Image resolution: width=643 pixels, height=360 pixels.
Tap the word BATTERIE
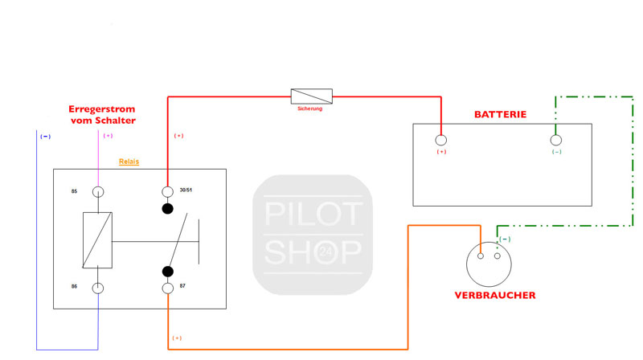[x=500, y=115]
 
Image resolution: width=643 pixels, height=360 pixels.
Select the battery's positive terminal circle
[x=441, y=140]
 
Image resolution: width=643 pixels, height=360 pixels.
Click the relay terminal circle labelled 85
[x=98, y=191]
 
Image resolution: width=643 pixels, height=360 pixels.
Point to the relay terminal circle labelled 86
[x=98, y=288]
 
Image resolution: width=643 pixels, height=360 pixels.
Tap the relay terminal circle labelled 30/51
[x=168, y=191]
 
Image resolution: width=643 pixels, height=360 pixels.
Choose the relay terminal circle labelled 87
[x=168, y=288]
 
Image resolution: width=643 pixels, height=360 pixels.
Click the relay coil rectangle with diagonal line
[x=98, y=240]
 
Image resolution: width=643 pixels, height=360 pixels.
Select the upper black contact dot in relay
[x=168, y=209]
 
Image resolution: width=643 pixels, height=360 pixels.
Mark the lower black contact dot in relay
[x=168, y=272]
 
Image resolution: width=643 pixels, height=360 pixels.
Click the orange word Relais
[x=129, y=162]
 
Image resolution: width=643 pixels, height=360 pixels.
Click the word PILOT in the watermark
[x=313, y=215]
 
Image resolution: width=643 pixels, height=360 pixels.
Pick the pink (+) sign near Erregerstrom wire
[x=109, y=136]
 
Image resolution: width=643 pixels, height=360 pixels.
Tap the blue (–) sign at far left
[x=45, y=136]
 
